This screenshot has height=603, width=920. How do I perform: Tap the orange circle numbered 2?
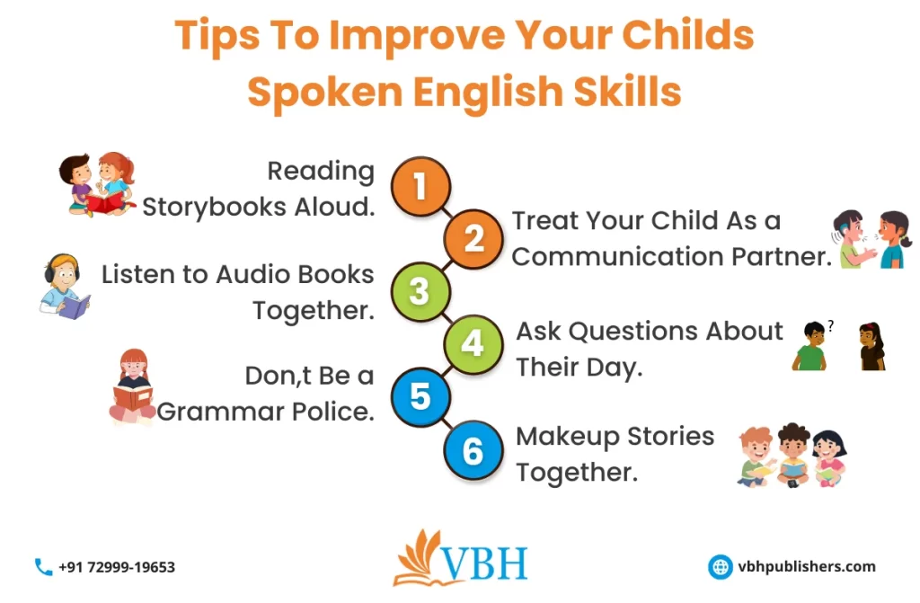point(473,238)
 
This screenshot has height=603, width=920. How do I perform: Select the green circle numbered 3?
point(420,291)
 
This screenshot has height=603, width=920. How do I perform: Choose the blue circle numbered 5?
point(420,396)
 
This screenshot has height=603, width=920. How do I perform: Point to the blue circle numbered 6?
point(473,450)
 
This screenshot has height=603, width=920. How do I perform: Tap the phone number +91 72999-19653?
point(117,567)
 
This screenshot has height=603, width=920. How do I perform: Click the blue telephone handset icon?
point(43,567)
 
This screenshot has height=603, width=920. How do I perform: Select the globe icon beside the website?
point(721,566)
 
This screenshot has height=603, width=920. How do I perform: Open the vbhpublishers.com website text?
point(806,566)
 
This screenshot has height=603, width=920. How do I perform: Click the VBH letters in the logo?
point(484,563)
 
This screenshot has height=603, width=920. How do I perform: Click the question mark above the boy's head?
point(830,326)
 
